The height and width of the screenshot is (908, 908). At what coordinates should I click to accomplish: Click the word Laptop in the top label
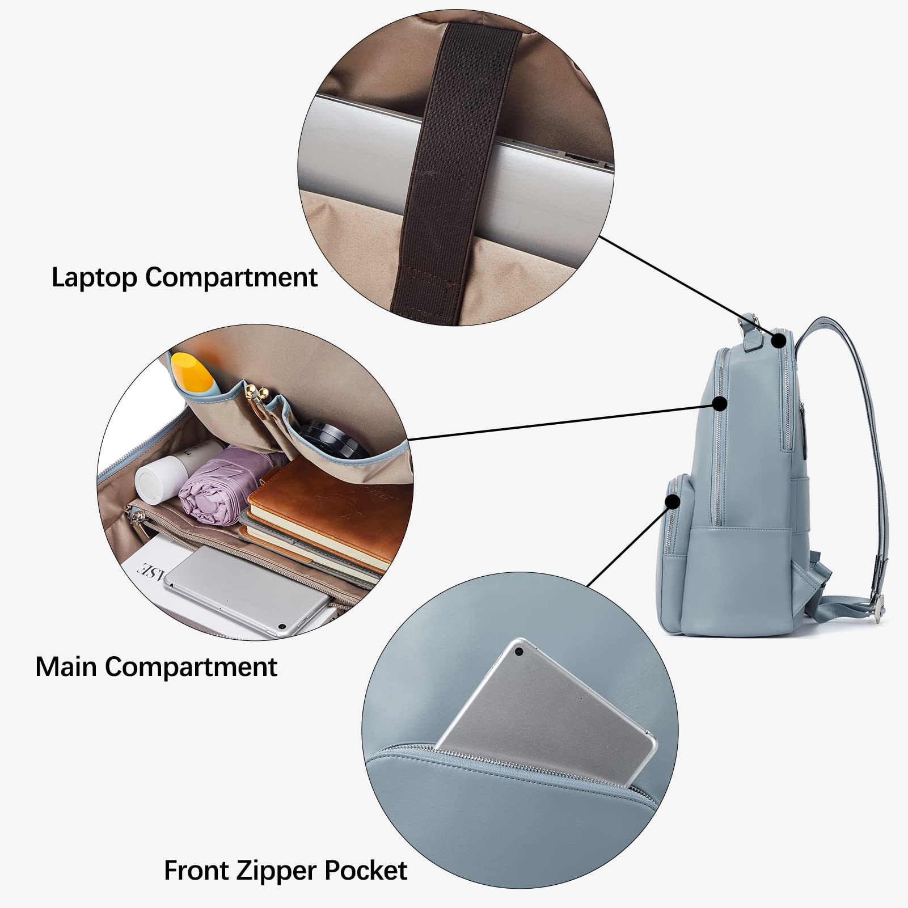94,278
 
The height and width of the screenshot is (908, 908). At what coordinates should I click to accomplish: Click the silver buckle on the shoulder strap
879,599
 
